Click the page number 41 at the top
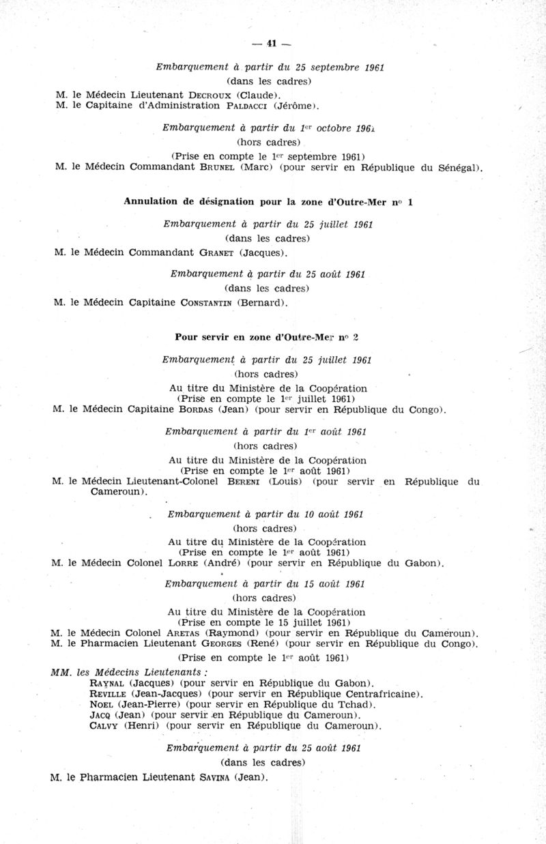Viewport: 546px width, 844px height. click(x=271, y=44)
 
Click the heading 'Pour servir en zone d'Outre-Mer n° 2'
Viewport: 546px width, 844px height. click(x=267, y=337)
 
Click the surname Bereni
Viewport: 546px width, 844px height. click(x=243, y=482)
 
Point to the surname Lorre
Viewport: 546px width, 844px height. click(x=218, y=564)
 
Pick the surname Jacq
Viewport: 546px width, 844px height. click(x=101, y=715)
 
